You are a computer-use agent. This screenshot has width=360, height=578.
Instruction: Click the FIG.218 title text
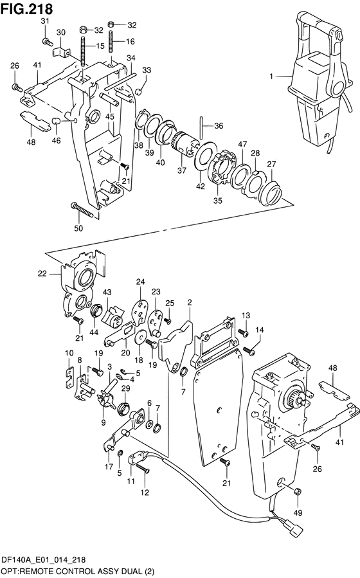click(26, 8)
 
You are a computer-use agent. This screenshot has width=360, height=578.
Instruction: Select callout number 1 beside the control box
click(271, 77)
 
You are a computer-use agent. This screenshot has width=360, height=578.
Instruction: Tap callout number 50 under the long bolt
click(78, 228)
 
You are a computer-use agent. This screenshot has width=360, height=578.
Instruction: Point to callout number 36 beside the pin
click(219, 126)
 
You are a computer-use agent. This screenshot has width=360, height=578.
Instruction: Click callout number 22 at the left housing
click(42, 273)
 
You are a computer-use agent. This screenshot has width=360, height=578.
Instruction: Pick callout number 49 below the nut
click(298, 512)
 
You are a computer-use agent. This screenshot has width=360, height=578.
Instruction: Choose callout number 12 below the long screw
click(145, 492)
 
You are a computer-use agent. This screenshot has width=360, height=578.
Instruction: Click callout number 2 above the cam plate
click(190, 303)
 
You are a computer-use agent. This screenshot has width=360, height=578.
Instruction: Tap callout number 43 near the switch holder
click(107, 292)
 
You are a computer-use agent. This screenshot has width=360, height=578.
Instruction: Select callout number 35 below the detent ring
click(218, 201)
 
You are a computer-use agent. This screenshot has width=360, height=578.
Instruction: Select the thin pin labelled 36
click(203, 127)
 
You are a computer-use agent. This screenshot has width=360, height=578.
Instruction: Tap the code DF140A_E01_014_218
click(44, 560)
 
